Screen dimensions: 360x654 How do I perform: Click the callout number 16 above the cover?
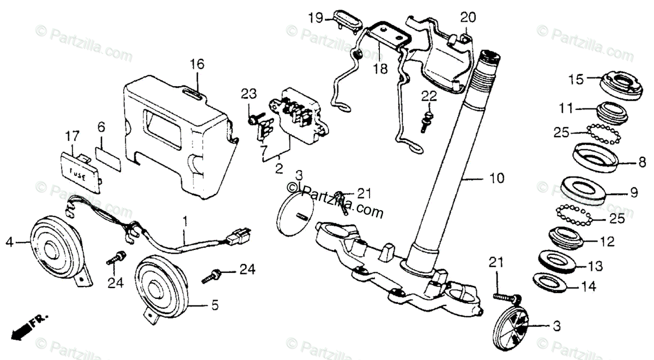pyautogui.click(x=197, y=64)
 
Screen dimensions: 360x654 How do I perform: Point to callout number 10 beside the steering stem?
pyautogui.click(x=497, y=178)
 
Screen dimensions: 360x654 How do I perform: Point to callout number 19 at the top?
pyautogui.click(x=315, y=17)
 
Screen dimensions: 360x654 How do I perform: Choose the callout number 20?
pyautogui.click(x=468, y=17)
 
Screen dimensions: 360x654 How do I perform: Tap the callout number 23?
pyautogui.click(x=249, y=94)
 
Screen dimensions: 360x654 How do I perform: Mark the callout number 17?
pyautogui.click(x=72, y=135)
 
